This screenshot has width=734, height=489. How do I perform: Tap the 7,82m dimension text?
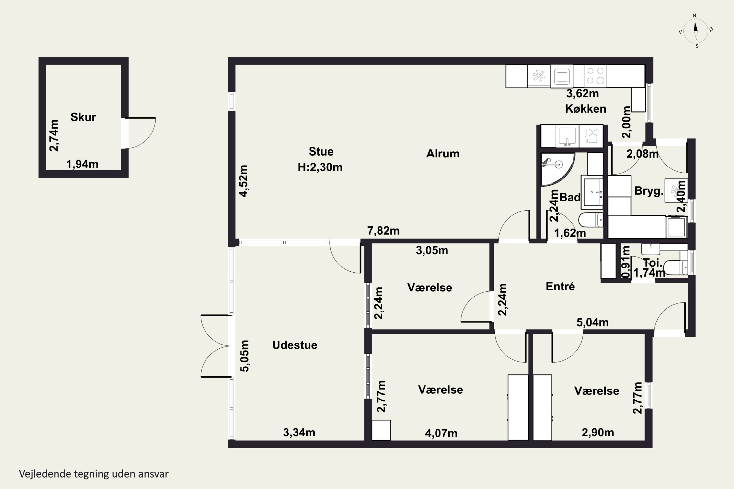[383, 231]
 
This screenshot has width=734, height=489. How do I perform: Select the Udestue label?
[295, 345]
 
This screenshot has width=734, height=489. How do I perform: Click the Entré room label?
[560, 286]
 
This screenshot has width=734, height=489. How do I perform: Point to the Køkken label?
[585, 109]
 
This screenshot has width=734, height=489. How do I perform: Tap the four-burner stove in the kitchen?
[596, 76]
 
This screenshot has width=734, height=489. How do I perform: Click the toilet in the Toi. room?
[675, 267]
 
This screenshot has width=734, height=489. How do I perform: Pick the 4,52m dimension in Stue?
[243, 181]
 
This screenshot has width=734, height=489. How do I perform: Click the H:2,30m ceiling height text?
[320, 167]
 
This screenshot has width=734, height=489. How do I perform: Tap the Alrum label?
[443, 154]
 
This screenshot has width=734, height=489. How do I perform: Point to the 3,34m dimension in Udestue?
[299, 433]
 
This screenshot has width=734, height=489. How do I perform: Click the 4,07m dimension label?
[441, 433]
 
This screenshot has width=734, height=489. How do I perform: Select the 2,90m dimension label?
[598, 433]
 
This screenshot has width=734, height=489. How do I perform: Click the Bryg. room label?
[649, 191]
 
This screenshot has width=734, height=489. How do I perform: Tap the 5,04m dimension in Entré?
[592, 322]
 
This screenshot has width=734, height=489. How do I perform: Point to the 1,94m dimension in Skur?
[82, 164]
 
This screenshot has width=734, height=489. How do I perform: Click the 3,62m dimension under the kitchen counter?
[583, 93]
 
